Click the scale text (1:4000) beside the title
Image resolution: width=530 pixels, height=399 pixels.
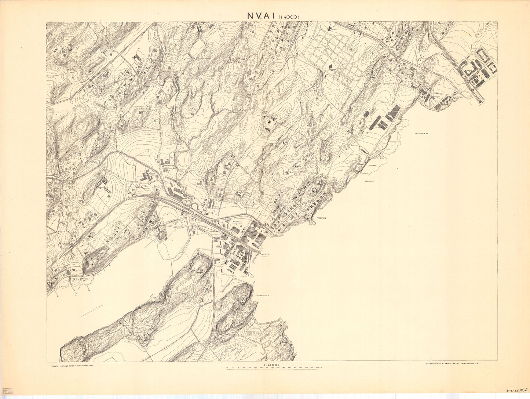point(289,17)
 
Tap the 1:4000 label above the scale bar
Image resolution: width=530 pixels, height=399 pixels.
point(271,365)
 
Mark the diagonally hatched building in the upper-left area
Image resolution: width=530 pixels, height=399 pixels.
point(137,58)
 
